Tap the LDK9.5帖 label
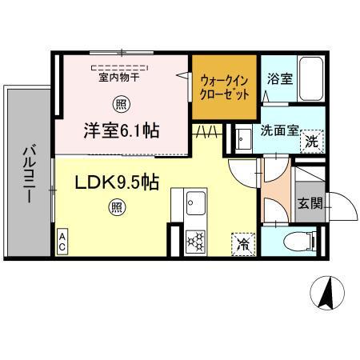[117, 183]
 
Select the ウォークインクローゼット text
[224, 86]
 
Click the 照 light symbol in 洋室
[122, 103]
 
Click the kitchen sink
[194, 203]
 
